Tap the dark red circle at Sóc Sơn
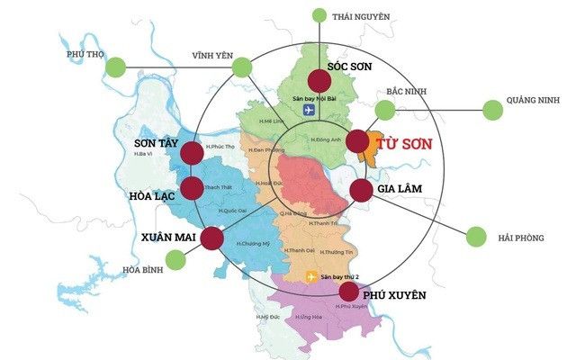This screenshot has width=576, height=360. (319, 79)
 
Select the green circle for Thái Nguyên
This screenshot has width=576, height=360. (319, 15)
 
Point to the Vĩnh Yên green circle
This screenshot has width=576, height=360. (241, 67)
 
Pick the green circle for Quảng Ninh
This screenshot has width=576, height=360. (492, 110)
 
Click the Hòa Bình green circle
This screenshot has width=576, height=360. (175, 259)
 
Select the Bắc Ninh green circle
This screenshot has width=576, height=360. (385, 110)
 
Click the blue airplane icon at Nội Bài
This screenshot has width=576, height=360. (310, 111)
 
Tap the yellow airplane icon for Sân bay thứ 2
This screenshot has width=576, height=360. (311, 276)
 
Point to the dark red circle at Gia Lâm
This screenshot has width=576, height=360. (360, 190)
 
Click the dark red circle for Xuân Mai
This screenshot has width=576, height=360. (211, 238)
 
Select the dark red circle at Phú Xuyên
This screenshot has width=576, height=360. (348, 291)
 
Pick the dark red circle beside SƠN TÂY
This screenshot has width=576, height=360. (192, 153)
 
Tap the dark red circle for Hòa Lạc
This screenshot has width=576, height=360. (192, 188)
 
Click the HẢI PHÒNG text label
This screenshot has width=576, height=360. (521, 238)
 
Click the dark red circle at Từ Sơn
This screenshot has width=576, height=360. (357, 142)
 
